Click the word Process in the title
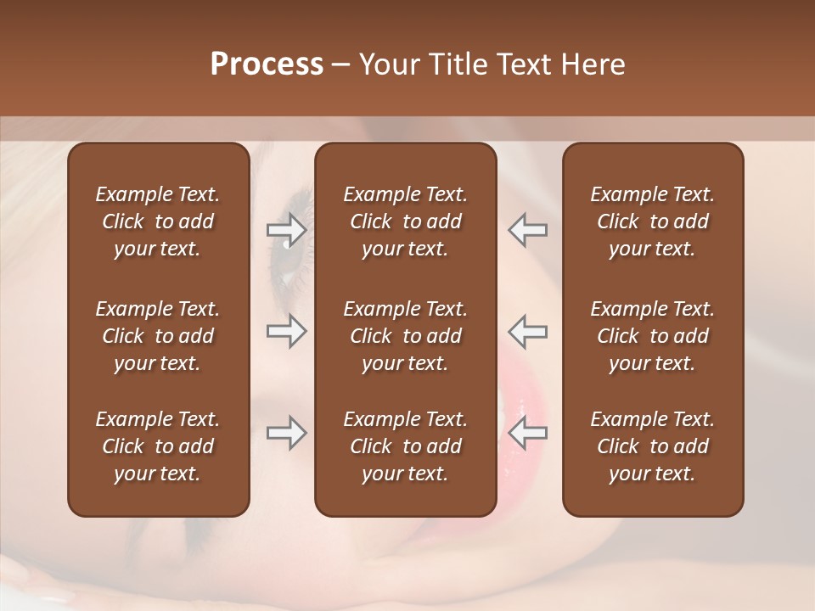tap(267, 64)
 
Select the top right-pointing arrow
tap(286, 230)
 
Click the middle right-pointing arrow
tap(286, 331)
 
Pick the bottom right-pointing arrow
tap(286, 433)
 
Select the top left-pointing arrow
tap(528, 230)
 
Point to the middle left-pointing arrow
tap(528, 331)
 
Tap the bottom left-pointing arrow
tap(528, 433)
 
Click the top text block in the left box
tap(158, 221)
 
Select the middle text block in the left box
tap(158, 336)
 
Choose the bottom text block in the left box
tap(158, 446)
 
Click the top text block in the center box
tap(405, 221)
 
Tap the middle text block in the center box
tap(405, 336)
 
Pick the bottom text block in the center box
tap(405, 446)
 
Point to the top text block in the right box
tap(652, 221)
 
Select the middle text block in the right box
tap(652, 336)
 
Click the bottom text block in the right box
tap(652, 446)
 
